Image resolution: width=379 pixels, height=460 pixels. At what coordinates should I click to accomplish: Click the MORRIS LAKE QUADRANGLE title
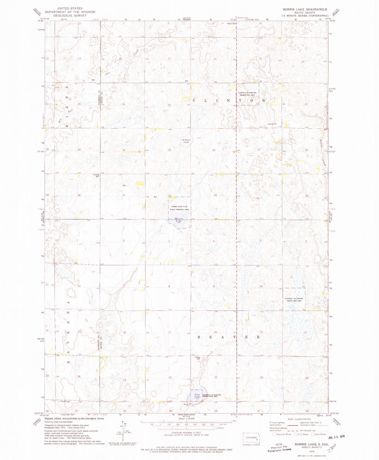305,9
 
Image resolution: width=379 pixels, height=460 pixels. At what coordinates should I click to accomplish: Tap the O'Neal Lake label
186,141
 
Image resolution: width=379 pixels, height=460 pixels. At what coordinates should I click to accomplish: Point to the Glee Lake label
197,396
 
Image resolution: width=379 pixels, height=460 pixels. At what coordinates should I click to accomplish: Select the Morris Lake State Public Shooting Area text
179,208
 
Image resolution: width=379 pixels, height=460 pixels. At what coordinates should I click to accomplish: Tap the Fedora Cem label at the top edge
232,24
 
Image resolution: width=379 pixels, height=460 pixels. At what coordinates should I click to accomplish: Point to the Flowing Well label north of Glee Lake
197,358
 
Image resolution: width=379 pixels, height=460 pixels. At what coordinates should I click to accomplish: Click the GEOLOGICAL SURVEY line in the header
70,15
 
